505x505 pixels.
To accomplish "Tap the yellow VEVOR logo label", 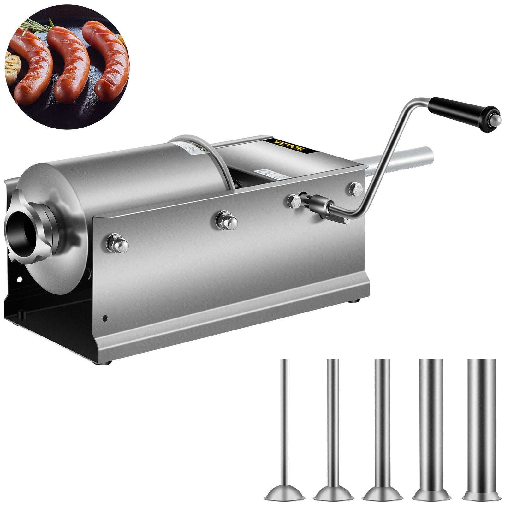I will tap(291, 146).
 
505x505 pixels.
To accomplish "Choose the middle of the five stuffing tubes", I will tap(382, 426).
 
